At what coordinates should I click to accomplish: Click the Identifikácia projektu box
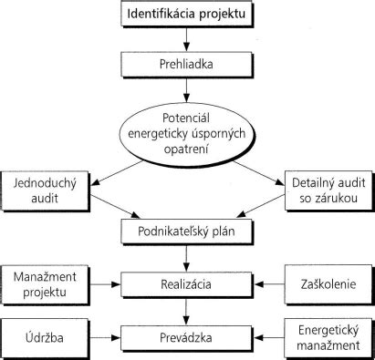187,15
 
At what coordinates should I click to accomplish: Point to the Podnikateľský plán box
187,231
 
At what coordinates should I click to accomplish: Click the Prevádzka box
187,338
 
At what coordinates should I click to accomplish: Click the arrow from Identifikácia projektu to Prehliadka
187,39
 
